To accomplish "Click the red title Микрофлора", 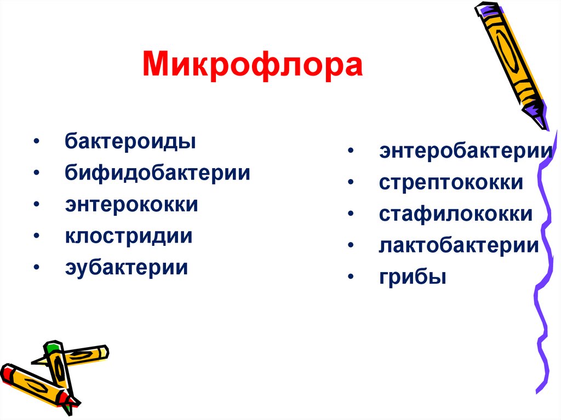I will click(253, 65).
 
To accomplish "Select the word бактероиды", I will click(130, 142).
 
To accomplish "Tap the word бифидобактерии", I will click(158, 173).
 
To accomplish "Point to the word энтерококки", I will click(131, 205).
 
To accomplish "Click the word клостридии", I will click(129, 237).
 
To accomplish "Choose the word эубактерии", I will click(127, 268).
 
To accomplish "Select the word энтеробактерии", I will click(465, 151).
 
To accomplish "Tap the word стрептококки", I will click(451, 182).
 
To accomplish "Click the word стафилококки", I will click(455, 214).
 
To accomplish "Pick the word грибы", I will click(413, 278).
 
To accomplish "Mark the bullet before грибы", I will click(350, 278).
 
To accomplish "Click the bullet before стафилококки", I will click(350, 215).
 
